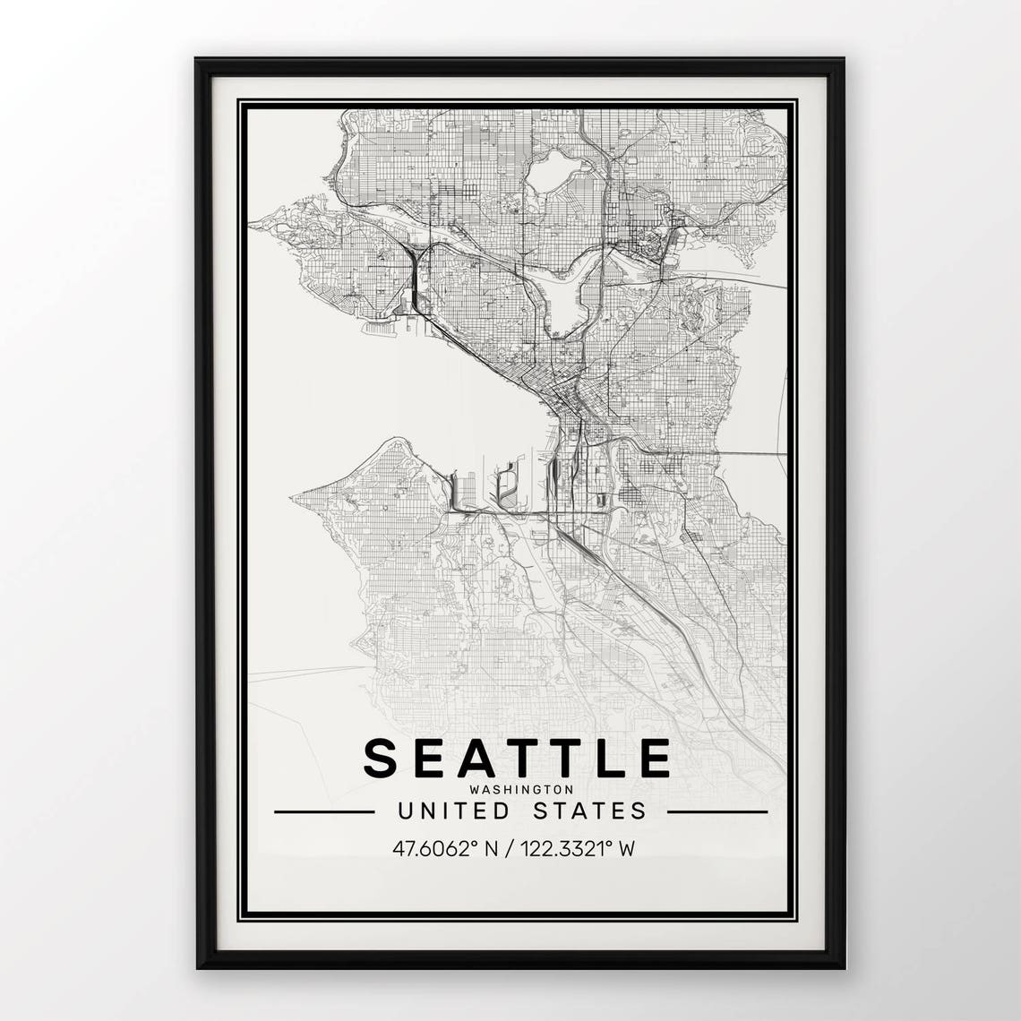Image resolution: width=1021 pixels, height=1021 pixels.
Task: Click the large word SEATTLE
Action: pos(517,758)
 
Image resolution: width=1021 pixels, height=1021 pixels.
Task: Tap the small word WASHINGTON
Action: pos(520,790)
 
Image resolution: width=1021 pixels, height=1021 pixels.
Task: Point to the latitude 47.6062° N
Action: pos(443,848)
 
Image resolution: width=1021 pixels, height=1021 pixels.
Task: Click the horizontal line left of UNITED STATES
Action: pos(324,812)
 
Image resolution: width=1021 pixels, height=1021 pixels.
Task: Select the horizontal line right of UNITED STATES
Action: pos(717,812)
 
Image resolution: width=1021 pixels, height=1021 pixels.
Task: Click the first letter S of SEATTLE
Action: pos(380,758)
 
